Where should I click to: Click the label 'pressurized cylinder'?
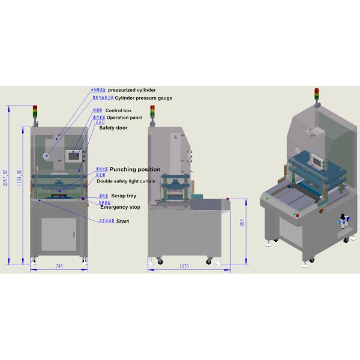[131, 90]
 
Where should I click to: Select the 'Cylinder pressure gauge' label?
[136, 97]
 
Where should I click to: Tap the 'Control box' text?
[118, 110]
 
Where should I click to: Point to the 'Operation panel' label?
[124, 118]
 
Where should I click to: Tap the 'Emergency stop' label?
[120, 207]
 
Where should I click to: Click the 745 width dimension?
[59, 265]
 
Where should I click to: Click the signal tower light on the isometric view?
[316, 94]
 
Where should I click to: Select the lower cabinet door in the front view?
[58, 234]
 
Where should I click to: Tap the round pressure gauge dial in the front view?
[48, 155]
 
